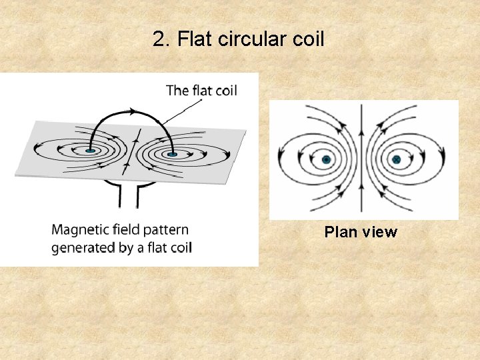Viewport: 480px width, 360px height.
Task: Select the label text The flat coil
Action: click(201, 90)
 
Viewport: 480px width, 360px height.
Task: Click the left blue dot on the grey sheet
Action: click(90, 151)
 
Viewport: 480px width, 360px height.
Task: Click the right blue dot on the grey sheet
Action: click(172, 155)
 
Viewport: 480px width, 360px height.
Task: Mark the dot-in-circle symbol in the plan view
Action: click(327, 160)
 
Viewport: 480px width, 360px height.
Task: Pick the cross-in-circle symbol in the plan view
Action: click(396, 160)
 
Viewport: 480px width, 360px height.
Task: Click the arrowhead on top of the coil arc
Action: click(134, 107)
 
